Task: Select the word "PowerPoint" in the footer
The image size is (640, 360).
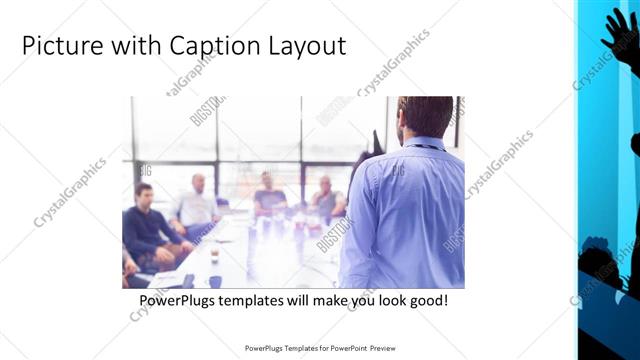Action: [x=343, y=348]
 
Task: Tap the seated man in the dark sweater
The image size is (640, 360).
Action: [x=146, y=225]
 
